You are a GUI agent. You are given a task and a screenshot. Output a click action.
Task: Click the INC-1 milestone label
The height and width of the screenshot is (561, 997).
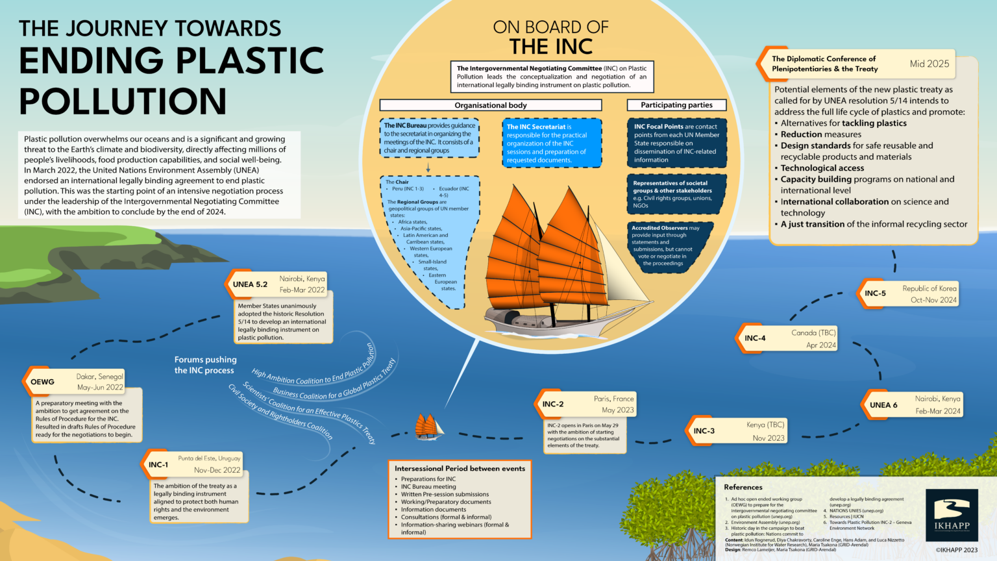(158, 465)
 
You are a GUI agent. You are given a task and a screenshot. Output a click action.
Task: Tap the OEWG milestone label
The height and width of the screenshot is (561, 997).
(42, 382)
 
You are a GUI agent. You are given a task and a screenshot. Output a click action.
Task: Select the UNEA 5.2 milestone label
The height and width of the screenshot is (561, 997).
(250, 284)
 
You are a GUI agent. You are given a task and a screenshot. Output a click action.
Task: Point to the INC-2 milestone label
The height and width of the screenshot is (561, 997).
(553, 404)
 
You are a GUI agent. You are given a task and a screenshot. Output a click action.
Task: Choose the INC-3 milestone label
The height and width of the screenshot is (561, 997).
(704, 430)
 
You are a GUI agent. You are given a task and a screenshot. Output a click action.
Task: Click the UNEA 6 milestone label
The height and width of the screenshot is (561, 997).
(883, 405)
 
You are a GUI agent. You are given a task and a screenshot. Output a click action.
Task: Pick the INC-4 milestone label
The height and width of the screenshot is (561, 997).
(755, 338)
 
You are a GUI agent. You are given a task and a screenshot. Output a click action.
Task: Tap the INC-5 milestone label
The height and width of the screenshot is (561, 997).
(875, 293)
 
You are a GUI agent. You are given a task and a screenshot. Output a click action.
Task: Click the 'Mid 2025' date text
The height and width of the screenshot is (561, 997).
(929, 64)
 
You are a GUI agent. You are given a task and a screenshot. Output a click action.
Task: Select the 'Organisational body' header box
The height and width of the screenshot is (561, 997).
(490, 105)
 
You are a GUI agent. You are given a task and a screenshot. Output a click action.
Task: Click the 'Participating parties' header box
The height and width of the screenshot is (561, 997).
(676, 105)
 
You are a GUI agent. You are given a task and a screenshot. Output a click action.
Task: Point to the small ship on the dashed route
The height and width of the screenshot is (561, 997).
(429, 427)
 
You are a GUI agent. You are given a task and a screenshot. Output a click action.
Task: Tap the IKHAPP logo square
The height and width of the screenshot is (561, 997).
(952, 515)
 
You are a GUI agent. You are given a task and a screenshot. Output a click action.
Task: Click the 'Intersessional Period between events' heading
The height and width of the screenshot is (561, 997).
(460, 468)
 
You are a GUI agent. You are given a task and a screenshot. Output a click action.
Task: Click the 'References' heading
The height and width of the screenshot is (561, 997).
(743, 487)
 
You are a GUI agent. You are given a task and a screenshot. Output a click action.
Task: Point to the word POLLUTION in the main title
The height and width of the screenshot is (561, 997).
(123, 101)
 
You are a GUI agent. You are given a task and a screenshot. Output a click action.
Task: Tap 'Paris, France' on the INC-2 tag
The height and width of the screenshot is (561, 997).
(613, 399)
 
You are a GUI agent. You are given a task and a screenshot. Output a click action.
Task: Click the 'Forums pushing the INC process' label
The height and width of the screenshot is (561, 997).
(205, 365)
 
